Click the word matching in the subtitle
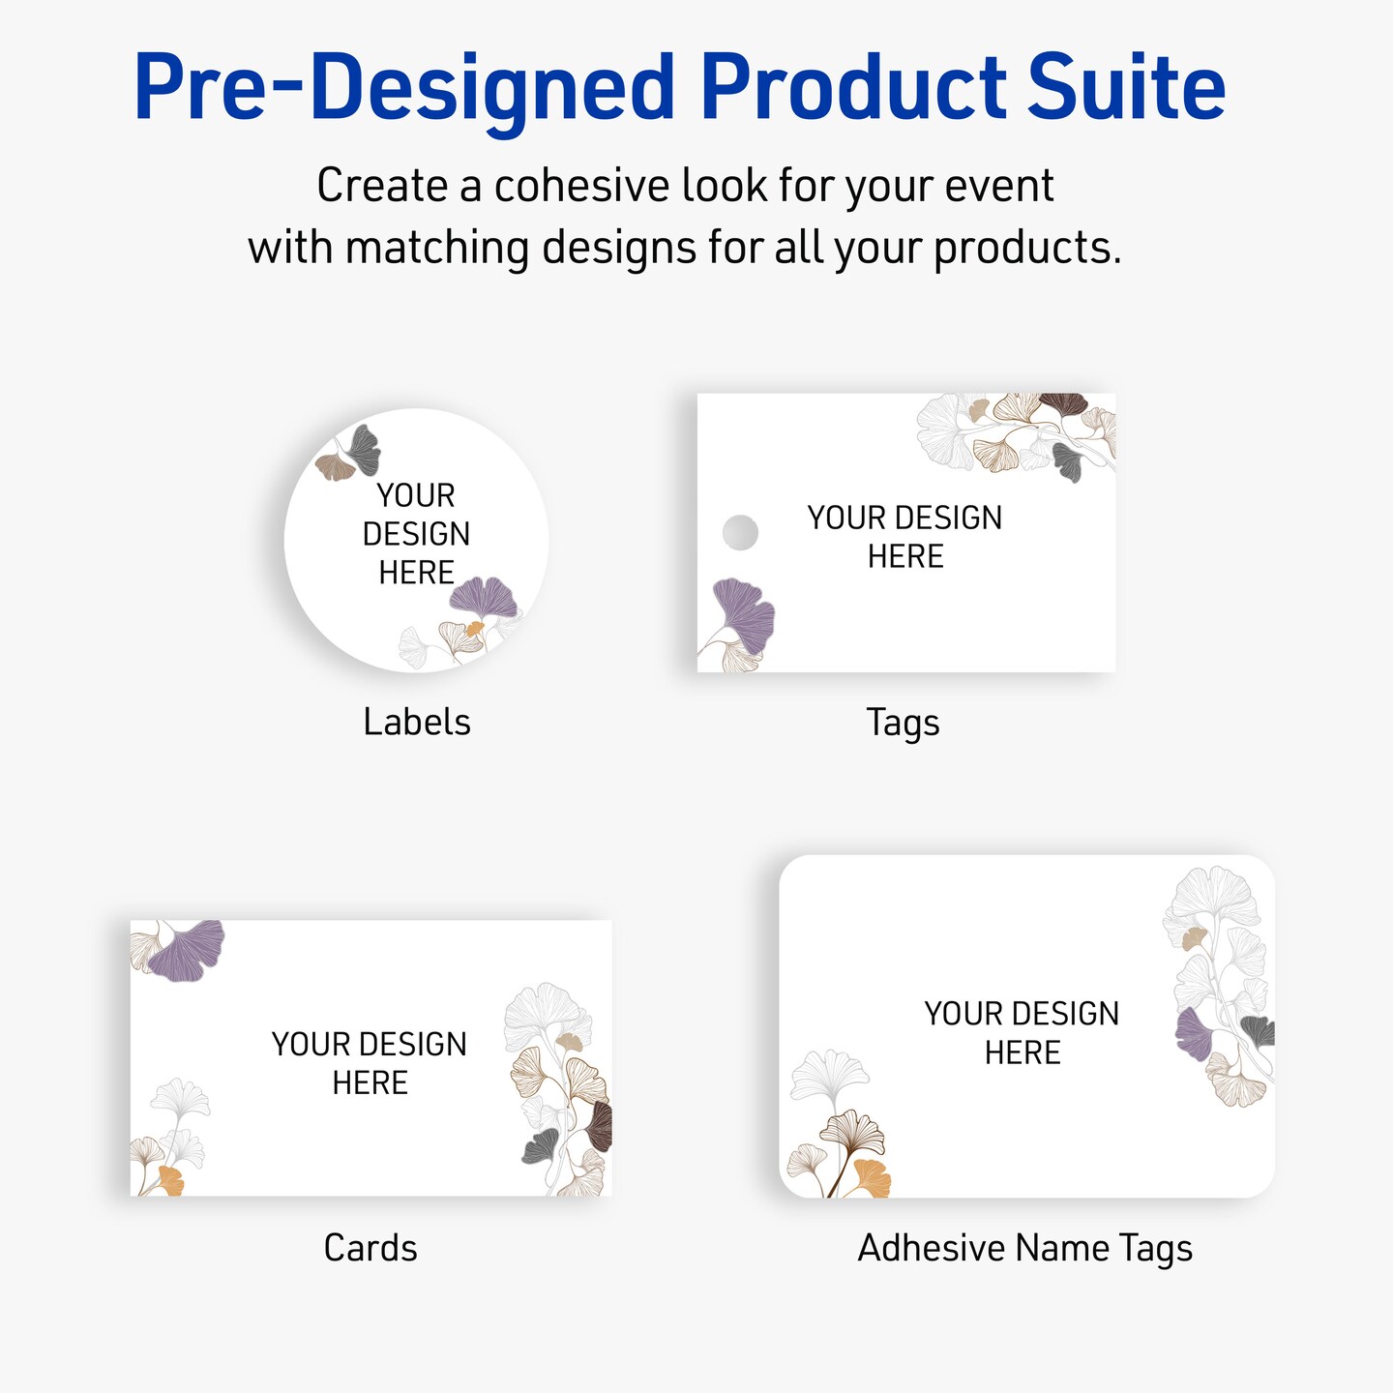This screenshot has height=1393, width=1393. coord(437,248)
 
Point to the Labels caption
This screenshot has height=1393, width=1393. coord(417,723)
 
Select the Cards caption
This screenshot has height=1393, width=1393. coord(370,1248)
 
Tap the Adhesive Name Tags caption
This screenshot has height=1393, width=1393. coord(1024,1249)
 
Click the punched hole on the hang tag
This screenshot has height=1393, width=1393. coord(740,532)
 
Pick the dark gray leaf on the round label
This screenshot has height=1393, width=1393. coord(362,450)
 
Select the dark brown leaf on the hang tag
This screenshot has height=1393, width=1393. coord(1062,404)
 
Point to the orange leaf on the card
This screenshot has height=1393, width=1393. coord(171,1181)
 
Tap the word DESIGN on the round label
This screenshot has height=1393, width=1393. coord(417,534)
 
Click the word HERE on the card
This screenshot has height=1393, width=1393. coord(370,1083)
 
